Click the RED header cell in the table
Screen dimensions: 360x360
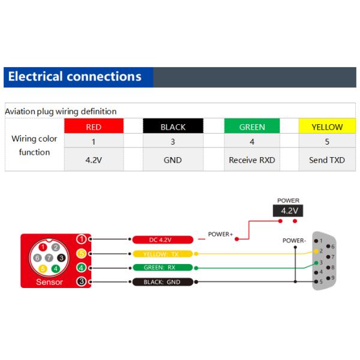click(x=94, y=127)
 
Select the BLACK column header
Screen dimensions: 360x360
click(x=173, y=127)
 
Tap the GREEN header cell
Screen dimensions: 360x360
click(x=252, y=127)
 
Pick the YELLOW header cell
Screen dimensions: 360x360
click(x=327, y=127)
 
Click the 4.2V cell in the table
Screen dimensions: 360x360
click(x=94, y=160)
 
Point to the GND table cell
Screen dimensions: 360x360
click(x=173, y=160)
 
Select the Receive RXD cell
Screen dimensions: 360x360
click(x=252, y=160)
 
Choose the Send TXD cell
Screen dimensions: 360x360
click(x=327, y=160)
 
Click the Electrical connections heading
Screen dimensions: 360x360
click(x=75, y=77)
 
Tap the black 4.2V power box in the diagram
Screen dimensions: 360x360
click(x=288, y=211)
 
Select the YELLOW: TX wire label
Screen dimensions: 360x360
click(x=161, y=254)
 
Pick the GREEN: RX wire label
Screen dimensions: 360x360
click(x=161, y=268)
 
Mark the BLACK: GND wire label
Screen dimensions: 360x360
click(x=161, y=281)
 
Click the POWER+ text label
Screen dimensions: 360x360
click(x=220, y=234)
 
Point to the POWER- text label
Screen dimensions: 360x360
click(x=295, y=241)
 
